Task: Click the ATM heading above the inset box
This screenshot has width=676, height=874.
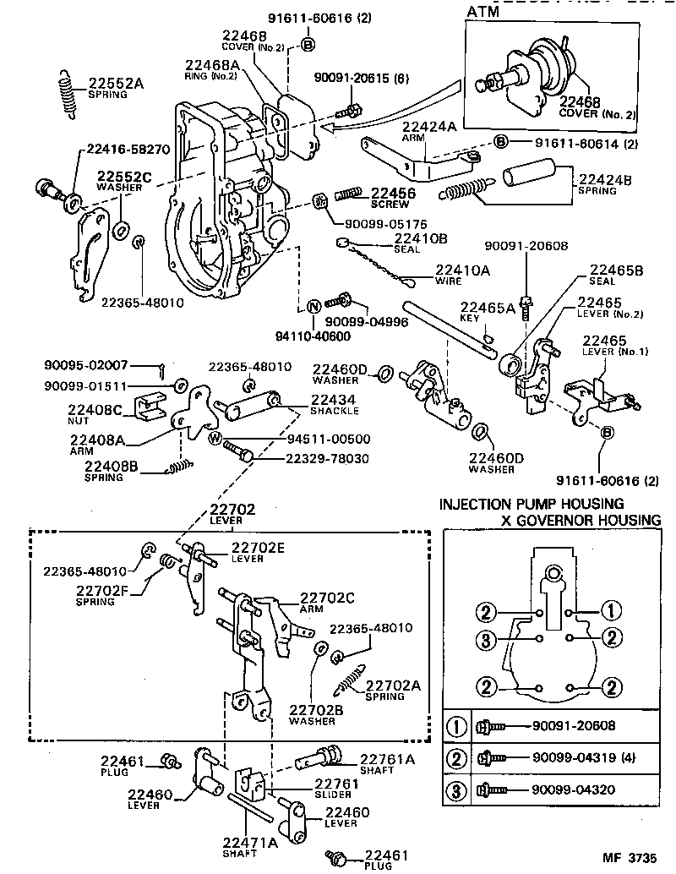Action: point(482,11)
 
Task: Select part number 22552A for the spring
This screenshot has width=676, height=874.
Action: point(116,83)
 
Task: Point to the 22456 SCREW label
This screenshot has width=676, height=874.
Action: point(394,197)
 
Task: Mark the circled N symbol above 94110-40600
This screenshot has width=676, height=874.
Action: point(313,305)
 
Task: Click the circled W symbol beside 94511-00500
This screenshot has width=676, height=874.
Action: point(215,438)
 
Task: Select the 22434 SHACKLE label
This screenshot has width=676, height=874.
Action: point(333,404)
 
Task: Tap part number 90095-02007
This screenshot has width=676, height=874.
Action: point(85,365)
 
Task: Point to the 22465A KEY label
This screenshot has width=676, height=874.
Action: point(487,312)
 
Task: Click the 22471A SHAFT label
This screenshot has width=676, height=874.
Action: point(249,846)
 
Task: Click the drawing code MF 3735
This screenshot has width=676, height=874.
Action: point(628,857)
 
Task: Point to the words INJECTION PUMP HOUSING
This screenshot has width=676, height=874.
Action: point(531,505)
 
